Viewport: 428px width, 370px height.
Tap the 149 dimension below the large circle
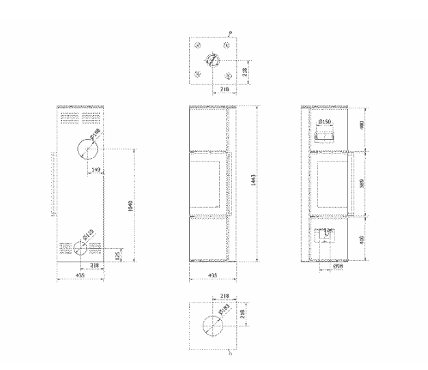tap(96, 170)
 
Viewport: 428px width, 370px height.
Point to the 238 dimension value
tap(95, 265)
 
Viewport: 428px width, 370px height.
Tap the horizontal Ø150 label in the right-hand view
tap(325, 121)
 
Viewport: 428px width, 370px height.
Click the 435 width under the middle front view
tap(212, 276)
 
